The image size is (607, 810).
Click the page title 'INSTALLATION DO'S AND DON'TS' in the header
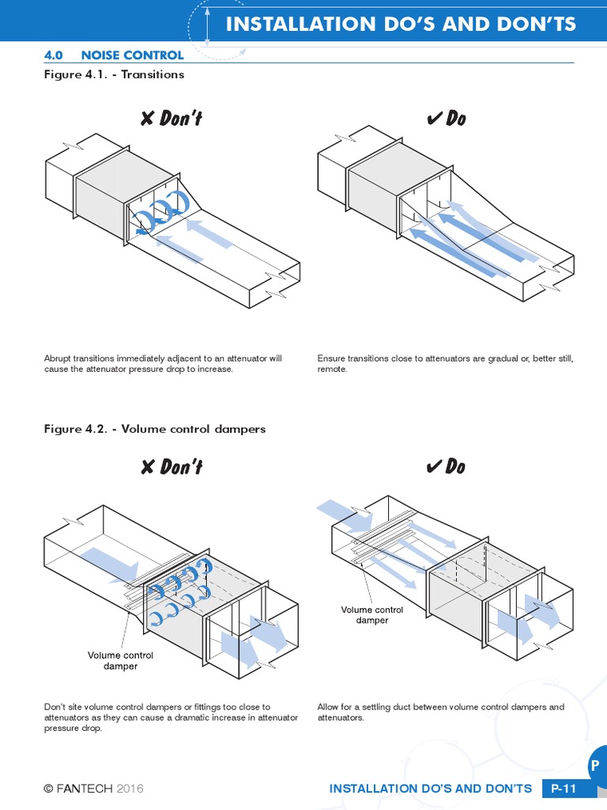click(x=401, y=24)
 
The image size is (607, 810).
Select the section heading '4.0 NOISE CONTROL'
click(x=114, y=55)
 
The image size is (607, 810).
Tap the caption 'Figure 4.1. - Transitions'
click(x=114, y=74)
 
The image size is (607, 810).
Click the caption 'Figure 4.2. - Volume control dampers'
click(x=155, y=429)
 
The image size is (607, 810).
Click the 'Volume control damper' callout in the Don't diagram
click(x=120, y=660)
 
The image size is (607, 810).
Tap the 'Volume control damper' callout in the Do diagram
click(x=371, y=615)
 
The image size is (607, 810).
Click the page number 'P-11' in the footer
click(x=564, y=789)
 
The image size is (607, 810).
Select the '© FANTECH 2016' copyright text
click(x=94, y=789)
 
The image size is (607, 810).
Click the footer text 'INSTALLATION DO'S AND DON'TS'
click(x=430, y=789)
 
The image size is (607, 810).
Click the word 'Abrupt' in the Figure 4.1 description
click(x=58, y=358)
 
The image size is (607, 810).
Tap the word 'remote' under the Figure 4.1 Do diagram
click(x=332, y=369)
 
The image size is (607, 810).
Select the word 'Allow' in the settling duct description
click(x=329, y=706)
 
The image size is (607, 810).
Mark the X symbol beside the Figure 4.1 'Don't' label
click(x=147, y=119)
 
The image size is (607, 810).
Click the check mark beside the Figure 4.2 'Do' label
click(x=433, y=467)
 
